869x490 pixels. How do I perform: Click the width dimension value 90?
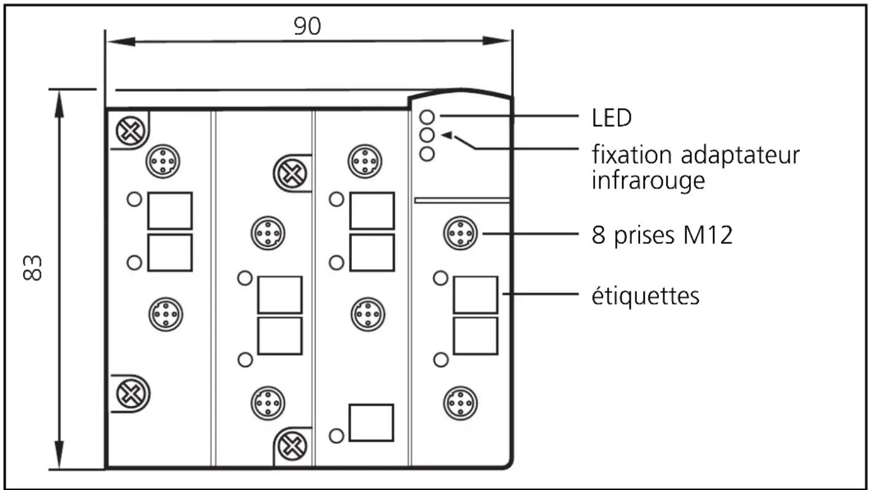pyautogui.click(x=307, y=26)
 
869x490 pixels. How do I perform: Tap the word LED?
pyautogui.click(x=612, y=119)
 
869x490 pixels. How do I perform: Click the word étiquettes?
pyautogui.click(x=645, y=295)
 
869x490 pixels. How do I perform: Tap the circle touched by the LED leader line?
pyautogui.click(x=428, y=116)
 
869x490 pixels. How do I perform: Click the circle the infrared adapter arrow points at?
pyautogui.click(x=428, y=134)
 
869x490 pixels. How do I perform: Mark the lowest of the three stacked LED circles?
pyautogui.click(x=428, y=154)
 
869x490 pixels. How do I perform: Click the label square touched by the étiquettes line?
pyautogui.click(x=475, y=295)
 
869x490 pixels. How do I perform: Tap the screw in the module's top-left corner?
pyautogui.click(x=130, y=130)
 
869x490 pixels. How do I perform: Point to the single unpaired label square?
pyautogui.click(x=371, y=422)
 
